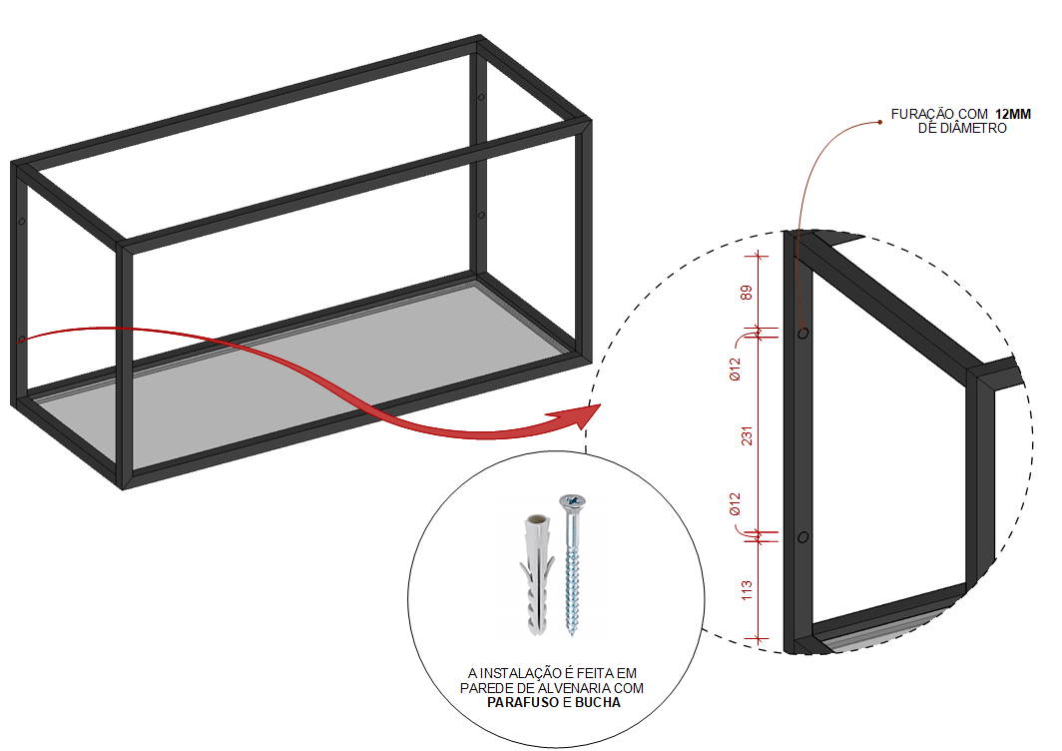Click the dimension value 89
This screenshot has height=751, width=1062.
(x=747, y=293)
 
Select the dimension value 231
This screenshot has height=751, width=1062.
(x=747, y=435)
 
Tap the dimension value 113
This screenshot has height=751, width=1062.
(x=747, y=589)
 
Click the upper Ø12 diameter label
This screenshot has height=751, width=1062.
(x=735, y=369)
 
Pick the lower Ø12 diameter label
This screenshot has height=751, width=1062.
(x=735, y=504)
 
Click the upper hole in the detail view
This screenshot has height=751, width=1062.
(x=802, y=333)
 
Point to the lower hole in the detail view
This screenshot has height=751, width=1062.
(x=802, y=537)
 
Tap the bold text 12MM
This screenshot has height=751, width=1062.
(x=1012, y=115)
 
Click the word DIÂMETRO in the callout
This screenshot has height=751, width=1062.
(x=971, y=128)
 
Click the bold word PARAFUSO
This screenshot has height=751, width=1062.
(x=524, y=703)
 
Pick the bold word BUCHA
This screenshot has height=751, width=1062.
(x=597, y=703)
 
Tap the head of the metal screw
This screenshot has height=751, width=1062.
(x=572, y=502)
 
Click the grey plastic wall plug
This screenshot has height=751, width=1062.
(x=536, y=574)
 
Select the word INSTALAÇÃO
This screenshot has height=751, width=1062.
(x=518, y=673)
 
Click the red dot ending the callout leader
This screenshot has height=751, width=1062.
(x=879, y=122)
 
